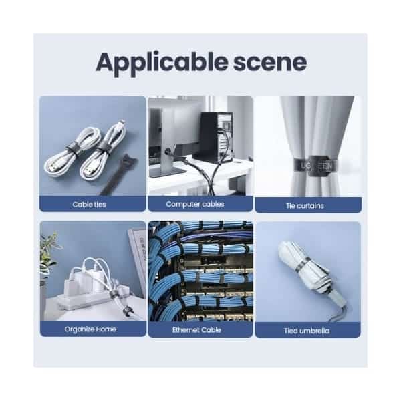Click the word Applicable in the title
coord(162,63)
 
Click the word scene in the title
coord(270,63)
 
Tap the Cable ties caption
coord(89,205)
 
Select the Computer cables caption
coord(195,204)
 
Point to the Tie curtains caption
coord(305,205)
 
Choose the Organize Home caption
coord(90,329)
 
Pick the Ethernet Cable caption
coord(196,330)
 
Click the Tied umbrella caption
coord(307,331)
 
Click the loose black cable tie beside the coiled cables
coord(118,174)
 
